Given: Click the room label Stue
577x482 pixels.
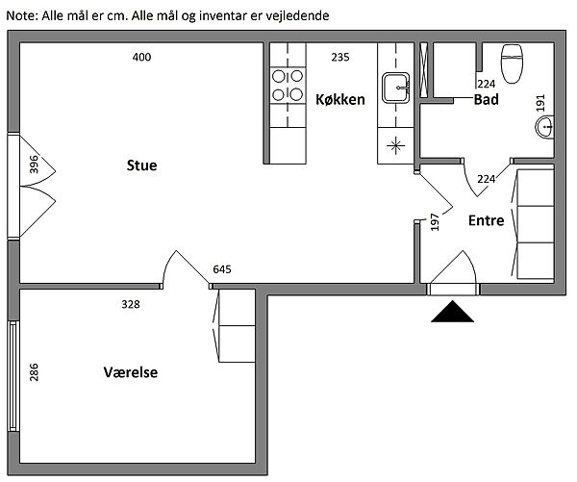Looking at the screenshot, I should (x=141, y=165).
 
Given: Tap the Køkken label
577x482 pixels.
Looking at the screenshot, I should (x=339, y=98).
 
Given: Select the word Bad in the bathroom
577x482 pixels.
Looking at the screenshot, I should (x=486, y=98).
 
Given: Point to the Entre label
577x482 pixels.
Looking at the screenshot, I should (x=486, y=220).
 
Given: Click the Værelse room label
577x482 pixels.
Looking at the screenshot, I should (x=131, y=372).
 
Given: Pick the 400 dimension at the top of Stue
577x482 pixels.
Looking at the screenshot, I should (x=141, y=57).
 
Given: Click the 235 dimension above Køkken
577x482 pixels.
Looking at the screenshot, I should (x=340, y=57).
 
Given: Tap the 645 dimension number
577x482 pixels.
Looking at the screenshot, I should (x=222, y=269).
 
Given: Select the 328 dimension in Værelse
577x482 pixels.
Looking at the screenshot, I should (x=131, y=304).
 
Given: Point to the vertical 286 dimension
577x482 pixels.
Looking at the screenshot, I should (x=35, y=372).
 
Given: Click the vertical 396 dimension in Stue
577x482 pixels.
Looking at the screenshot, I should (x=35, y=165).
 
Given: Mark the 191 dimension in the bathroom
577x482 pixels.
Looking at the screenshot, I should (x=539, y=102).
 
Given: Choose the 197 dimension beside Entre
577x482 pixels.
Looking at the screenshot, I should (x=435, y=222).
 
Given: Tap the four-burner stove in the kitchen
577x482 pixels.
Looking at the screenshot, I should (x=285, y=84).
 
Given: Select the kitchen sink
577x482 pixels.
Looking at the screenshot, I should (x=395, y=89).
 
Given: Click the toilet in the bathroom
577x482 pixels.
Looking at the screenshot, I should (x=512, y=63).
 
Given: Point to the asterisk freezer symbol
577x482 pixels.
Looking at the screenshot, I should (x=394, y=147).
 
